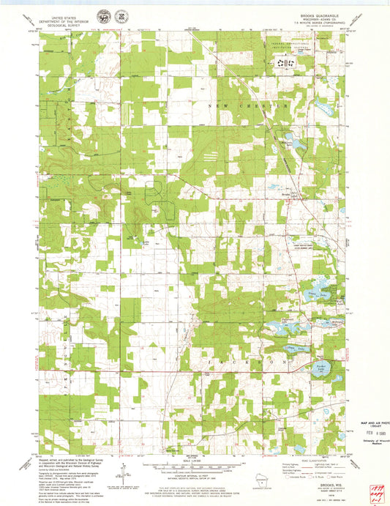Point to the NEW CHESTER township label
click(x=253, y=105)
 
